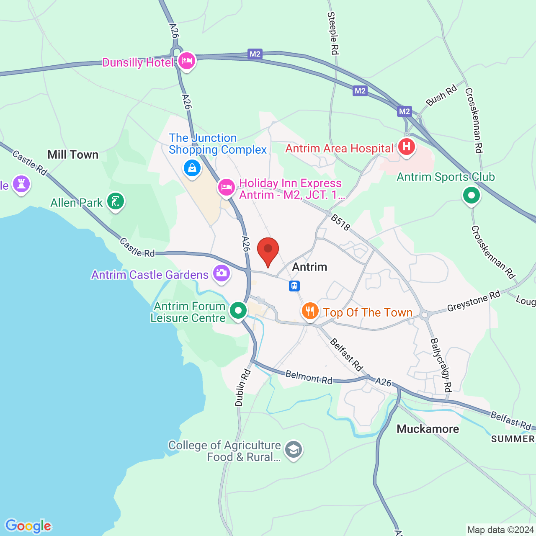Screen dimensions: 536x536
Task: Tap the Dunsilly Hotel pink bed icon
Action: coord(187,61)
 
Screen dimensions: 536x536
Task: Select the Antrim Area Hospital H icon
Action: coord(406,147)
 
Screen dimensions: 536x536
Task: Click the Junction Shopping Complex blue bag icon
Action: coord(192,168)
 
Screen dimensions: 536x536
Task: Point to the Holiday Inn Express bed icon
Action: coord(226,187)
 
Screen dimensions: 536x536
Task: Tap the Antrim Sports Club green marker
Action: coord(472,195)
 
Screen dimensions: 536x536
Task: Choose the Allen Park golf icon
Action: coord(116,201)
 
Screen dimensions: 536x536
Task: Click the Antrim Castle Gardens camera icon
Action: coord(221,273)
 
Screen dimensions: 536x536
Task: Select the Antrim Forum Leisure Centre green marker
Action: coord(238,311)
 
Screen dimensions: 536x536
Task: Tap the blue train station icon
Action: coord(294,286)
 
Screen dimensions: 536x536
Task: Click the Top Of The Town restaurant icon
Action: coord(310,312)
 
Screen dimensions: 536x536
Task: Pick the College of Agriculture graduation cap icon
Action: coord(294,450)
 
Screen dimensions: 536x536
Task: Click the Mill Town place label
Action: coord(73,155)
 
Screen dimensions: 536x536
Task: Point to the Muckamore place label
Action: coord(428,429)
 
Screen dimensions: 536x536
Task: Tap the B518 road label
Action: coord(340,223)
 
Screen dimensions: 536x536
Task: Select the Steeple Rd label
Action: coord(333,33)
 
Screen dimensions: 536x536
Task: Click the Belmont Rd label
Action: coord(309,377)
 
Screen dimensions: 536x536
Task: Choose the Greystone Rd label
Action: coord(474,301)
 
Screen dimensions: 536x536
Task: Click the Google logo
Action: coord(28,526)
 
